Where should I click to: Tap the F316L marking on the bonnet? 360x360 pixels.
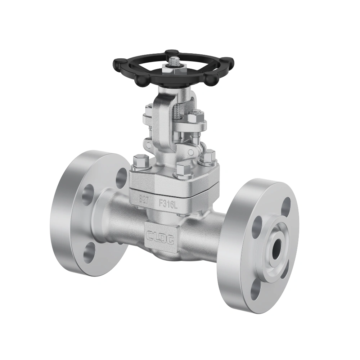(169, 203)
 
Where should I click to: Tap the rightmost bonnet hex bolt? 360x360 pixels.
(209, 157)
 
